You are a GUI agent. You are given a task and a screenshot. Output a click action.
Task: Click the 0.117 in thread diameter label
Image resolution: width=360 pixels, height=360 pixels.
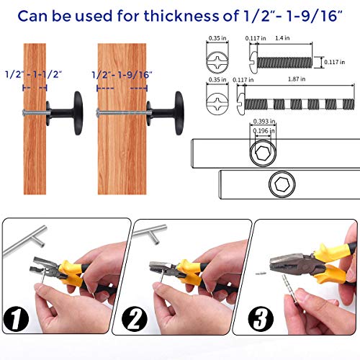(339, 62)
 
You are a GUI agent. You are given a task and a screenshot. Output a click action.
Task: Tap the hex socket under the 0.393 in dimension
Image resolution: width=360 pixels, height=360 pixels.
(261, 152)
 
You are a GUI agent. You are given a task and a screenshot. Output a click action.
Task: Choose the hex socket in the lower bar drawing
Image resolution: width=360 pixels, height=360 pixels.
(282, 185)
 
